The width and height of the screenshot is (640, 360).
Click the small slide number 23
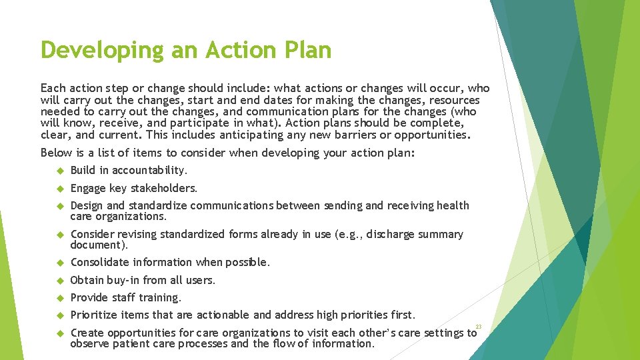[479, 326]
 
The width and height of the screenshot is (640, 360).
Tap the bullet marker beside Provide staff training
[59, 298]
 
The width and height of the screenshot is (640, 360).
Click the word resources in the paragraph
[451, 100]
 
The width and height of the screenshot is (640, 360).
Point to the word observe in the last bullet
[91, 344]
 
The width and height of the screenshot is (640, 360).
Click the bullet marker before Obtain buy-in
[59, 281]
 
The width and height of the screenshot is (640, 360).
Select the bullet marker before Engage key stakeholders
[59, 189]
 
